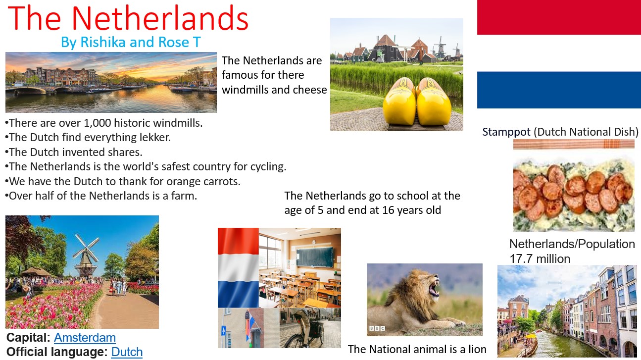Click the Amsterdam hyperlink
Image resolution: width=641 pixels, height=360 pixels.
[85, 338]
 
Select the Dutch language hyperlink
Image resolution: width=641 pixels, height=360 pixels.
[127, 352]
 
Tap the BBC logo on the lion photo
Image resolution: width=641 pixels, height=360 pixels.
[377, 328]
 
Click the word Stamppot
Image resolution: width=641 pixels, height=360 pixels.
[506, 132]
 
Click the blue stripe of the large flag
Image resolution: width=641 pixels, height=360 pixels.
[559, 90]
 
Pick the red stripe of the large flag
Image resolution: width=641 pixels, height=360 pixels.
[559, 17]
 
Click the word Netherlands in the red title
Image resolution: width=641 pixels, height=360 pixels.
[160, 18]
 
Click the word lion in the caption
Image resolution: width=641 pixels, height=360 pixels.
[477, 350]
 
